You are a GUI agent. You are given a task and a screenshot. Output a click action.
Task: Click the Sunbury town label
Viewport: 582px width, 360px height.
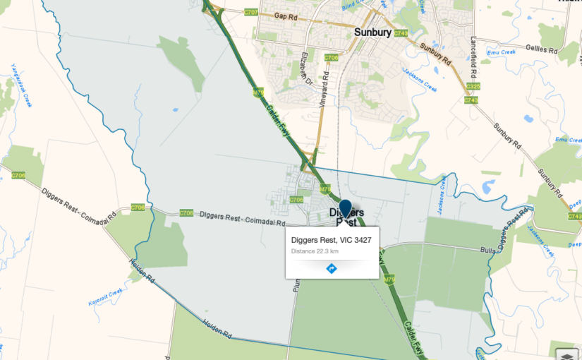(372, 32)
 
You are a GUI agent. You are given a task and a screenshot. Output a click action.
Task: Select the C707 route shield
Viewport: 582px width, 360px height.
(250, 12)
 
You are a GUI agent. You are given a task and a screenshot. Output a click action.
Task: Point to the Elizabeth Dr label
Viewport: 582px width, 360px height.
(307, 71)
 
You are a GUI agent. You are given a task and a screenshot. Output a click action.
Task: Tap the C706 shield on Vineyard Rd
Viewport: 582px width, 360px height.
(332, 57)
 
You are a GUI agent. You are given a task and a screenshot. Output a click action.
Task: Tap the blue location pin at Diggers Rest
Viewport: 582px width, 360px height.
(345, 210)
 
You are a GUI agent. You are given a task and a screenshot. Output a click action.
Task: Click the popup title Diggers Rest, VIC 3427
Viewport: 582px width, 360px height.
(331, 240)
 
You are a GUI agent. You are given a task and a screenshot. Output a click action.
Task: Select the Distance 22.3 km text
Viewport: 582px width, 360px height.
(315, 251)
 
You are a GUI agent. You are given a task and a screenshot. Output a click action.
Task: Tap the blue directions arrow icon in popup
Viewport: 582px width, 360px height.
(332, 268)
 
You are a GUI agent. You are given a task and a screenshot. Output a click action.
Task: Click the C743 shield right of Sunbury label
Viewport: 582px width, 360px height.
(401, 33)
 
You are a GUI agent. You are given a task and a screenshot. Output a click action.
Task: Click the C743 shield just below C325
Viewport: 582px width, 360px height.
(471, 100)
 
